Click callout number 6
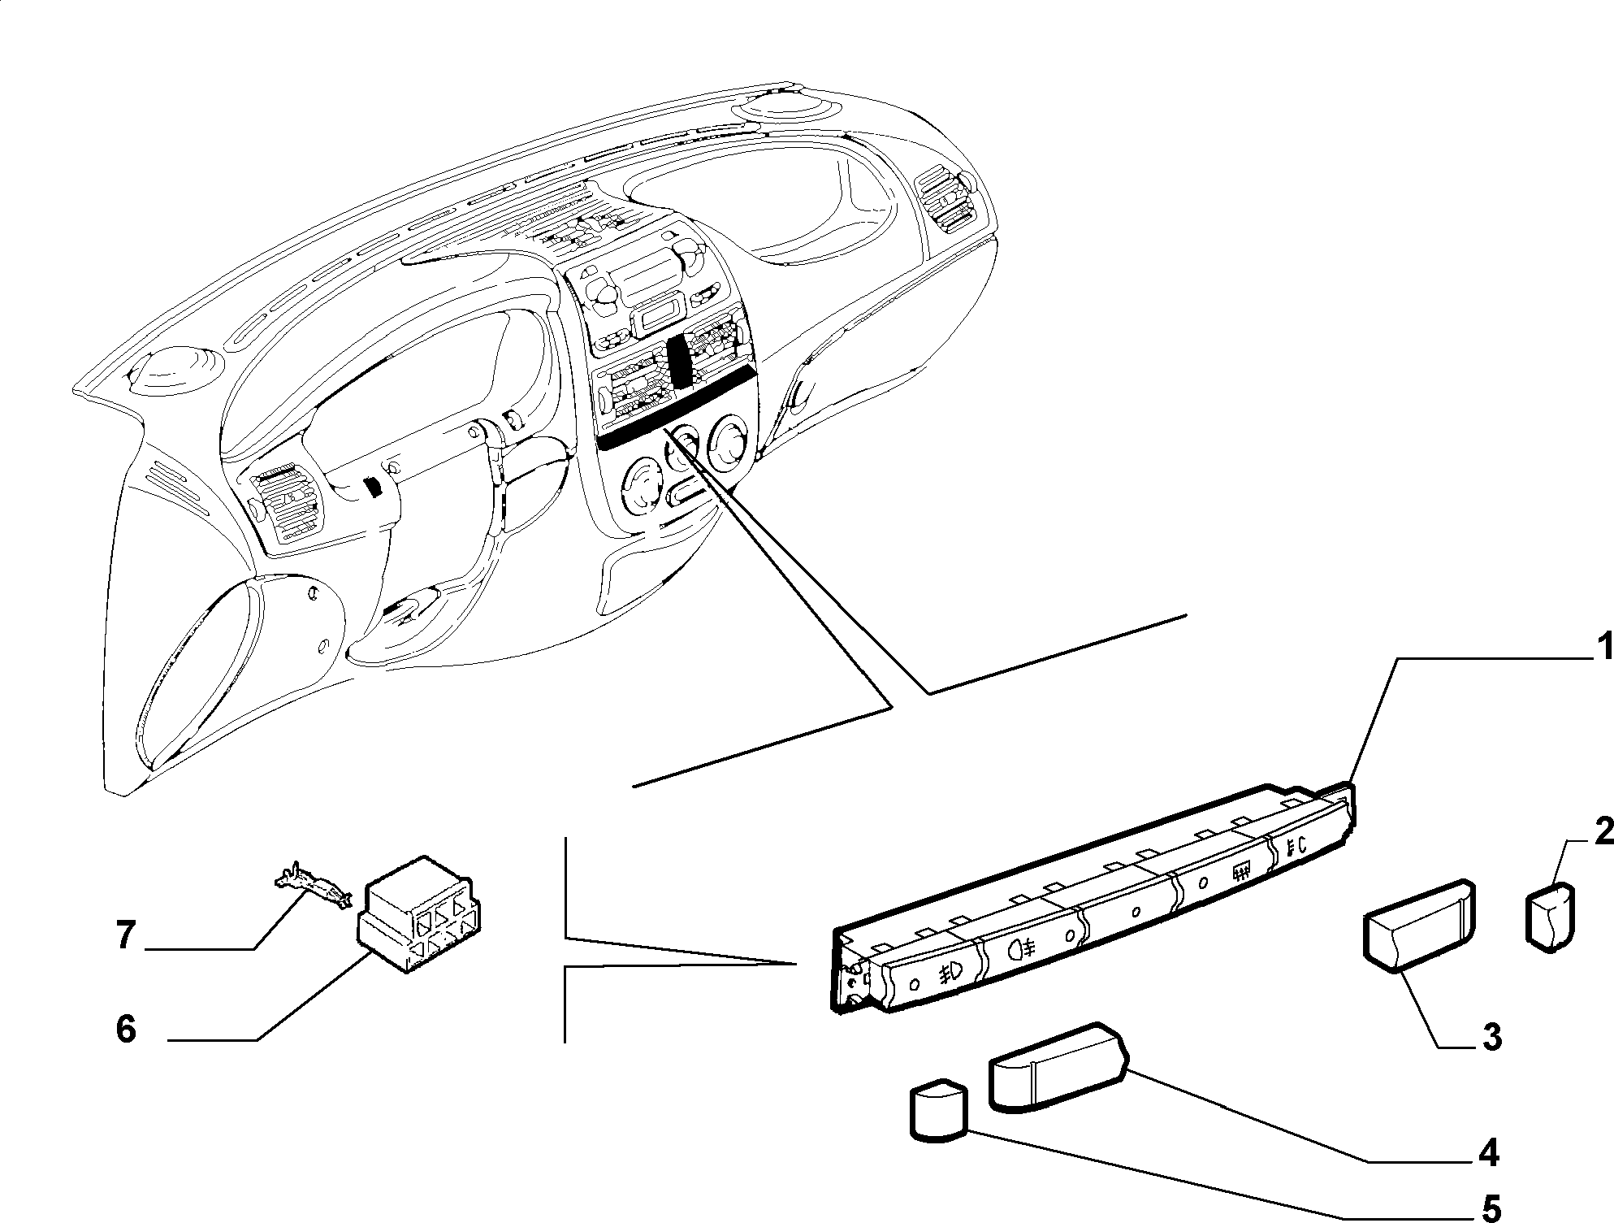pos(126,1030)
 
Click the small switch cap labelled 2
pos(1551,918)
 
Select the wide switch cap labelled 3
pos(1418,925)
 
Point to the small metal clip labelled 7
pos(313,887)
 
